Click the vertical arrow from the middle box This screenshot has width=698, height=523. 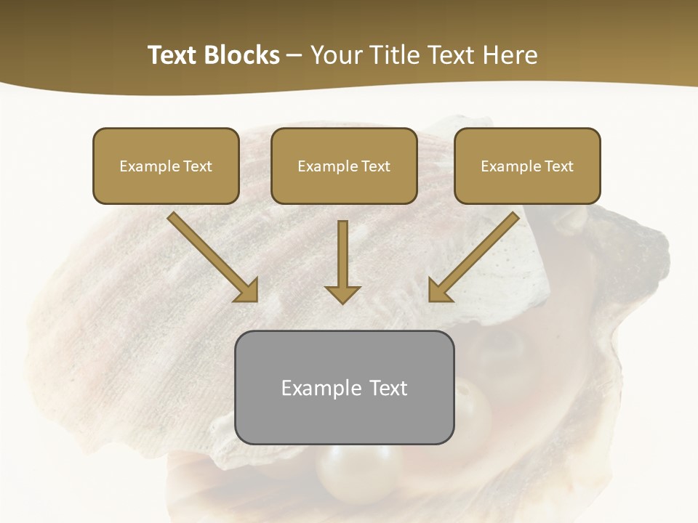342,254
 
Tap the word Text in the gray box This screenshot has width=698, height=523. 389,388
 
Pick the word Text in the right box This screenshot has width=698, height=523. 558,166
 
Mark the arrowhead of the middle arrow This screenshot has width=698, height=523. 342,293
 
